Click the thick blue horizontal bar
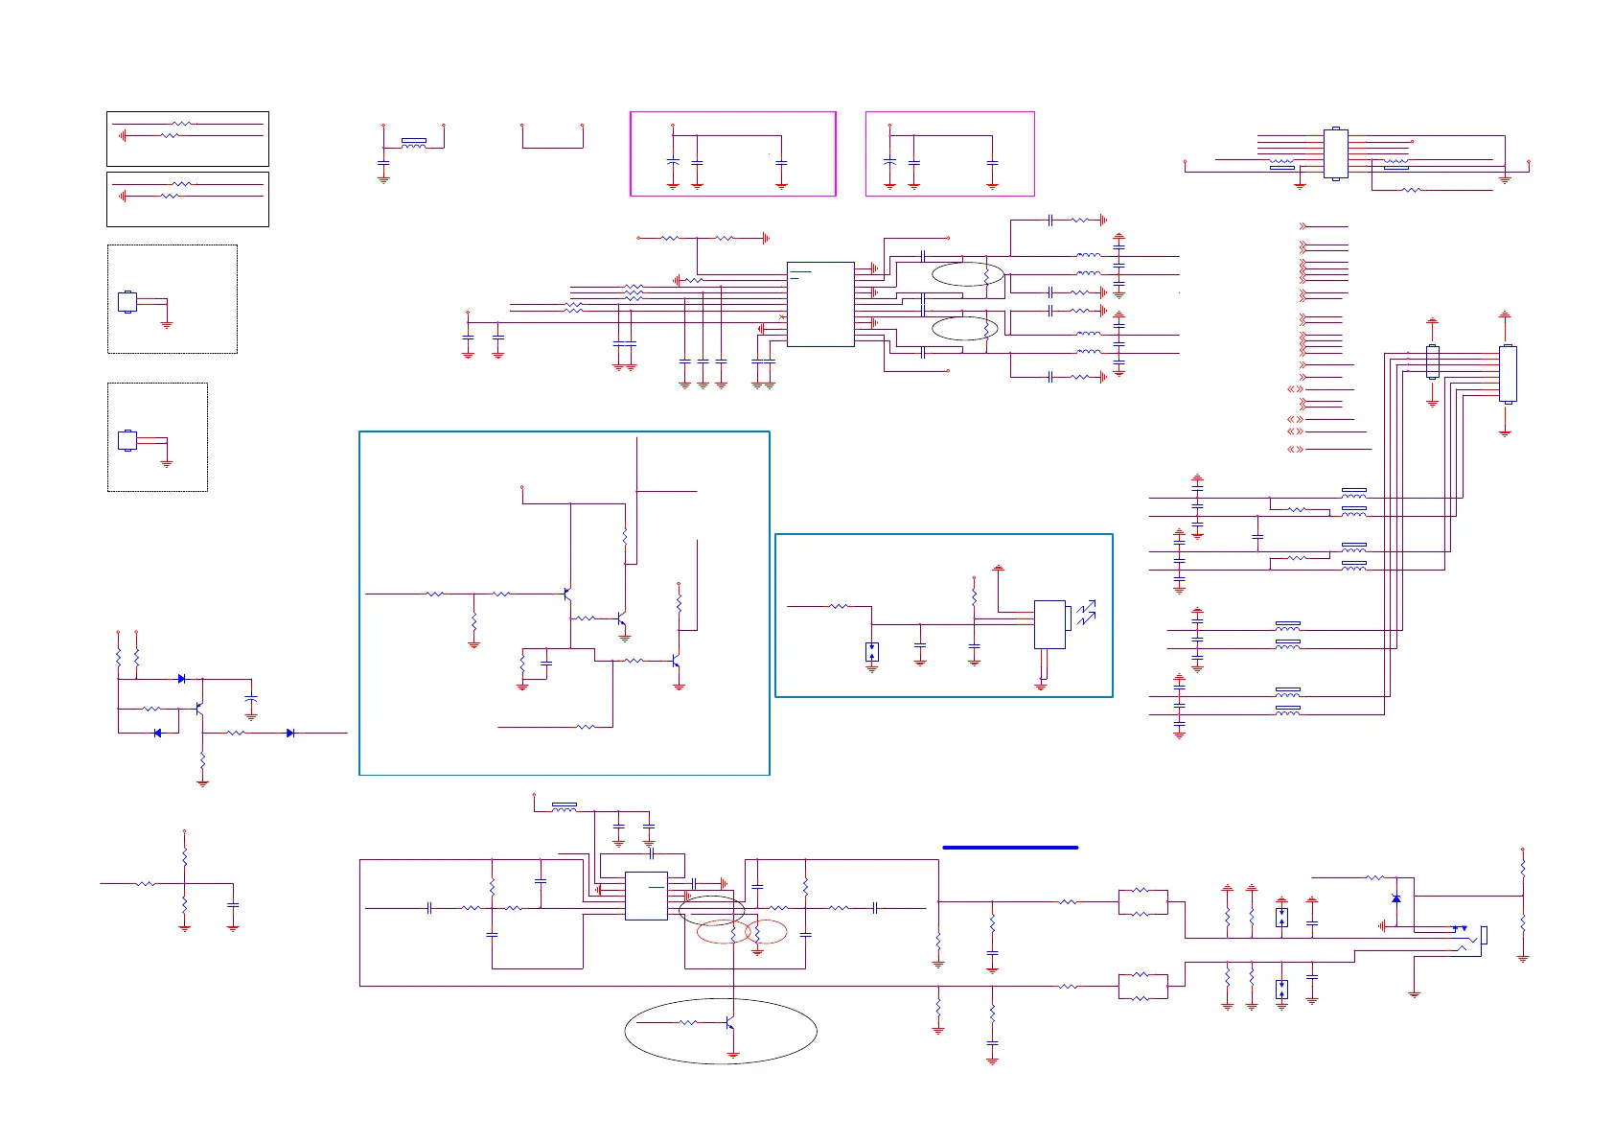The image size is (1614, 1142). [x=1010, y=848]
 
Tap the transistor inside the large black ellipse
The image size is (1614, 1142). [x=730, y=1023]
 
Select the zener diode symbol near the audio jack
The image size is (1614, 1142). [x=1395, y=897]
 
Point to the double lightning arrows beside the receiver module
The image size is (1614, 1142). [x=1085, y=613]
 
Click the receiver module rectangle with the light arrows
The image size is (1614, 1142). [x=1049, y=624]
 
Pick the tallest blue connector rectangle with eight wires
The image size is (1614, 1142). [x=1508, y=374]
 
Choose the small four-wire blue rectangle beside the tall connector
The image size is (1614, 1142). [x=1432, y=361]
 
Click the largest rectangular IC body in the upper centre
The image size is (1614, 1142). [x=820, y=304]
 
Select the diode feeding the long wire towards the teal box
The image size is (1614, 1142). [x=290, y=733]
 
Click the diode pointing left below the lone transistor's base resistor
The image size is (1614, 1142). [x=157, y=733]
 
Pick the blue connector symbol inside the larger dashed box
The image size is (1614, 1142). [x=127, y=301]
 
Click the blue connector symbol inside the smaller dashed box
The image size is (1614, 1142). [x=127, y=441]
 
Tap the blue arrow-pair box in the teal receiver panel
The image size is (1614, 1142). [x=871, y=652]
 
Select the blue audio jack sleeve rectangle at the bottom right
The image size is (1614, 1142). [x=1485, y=934]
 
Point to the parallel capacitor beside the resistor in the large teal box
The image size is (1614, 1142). [x=546, y=663]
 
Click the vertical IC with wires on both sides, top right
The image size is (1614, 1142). [x=1335, y=153]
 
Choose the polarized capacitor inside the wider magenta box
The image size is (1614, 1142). [x=673, y=162]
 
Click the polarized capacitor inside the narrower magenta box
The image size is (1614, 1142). [x=889, y=162]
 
